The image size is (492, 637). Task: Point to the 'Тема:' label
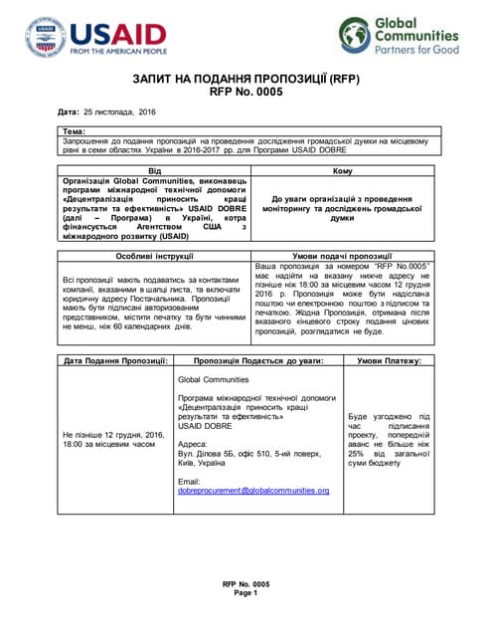point(74,131)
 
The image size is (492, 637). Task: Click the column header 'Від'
point(153,171)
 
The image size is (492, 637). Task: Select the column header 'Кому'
point(341,171)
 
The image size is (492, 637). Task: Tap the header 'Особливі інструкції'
point(153,256)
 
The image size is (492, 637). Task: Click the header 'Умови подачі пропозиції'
point(341,256)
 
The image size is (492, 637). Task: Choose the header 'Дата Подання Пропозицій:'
point(114,359)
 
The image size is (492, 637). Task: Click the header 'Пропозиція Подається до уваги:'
point(258,359)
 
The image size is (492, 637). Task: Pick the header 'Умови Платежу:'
point(389,359)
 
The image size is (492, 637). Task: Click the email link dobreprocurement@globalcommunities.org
point(252,491)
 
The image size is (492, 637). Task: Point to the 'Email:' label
point(188,481)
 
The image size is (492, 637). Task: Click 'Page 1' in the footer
point(246,593)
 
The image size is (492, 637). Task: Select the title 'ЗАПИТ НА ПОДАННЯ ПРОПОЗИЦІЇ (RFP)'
point(246,76)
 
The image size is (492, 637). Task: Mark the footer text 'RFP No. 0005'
point(246,584)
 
